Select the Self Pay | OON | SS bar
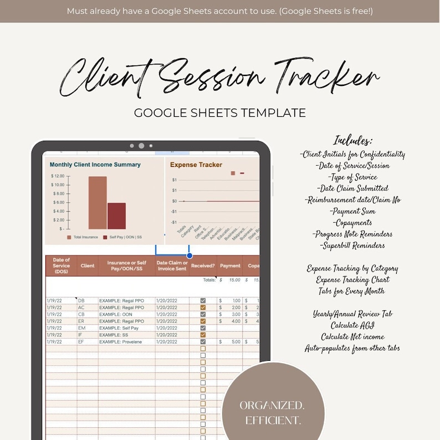[x=116, y=216]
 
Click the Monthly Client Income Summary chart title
[x=95, y=165]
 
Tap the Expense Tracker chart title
[x=196, y=165]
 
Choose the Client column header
[x=88, y=266]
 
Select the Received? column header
[x=202, y=266]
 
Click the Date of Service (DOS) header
[x=61, y=266]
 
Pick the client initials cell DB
[x=81, y=300]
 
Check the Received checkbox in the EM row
[x=203, y=328]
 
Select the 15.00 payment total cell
[x=234, y=280]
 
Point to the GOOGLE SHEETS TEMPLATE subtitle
[x=220, y=113]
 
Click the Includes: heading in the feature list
[x=353, y=141]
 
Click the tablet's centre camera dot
[x=141, y=146]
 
